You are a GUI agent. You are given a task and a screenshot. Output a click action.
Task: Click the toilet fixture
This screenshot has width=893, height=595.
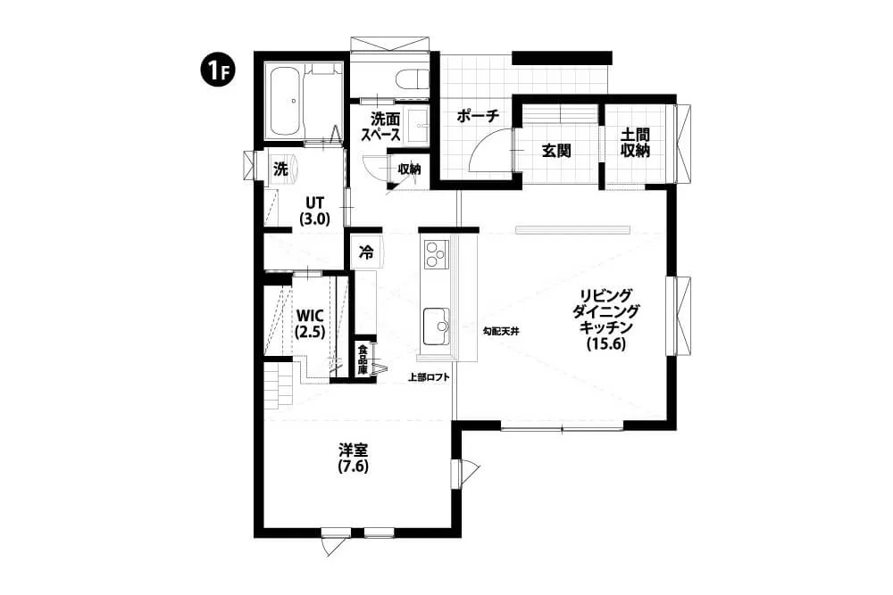click(413, 79)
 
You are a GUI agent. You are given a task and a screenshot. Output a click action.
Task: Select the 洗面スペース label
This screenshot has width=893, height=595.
click(386, 127)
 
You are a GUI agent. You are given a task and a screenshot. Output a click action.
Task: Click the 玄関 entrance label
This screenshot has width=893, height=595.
click(555, 151)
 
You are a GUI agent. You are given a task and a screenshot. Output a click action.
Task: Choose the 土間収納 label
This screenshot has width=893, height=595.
click(635, 142)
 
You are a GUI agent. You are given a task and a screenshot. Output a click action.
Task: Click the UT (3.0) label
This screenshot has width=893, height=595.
click(315, 211)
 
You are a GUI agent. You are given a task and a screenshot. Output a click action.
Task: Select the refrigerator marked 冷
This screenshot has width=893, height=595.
click(367, 252)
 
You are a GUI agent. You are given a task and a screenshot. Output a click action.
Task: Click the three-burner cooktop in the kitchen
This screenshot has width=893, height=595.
click(437, 253)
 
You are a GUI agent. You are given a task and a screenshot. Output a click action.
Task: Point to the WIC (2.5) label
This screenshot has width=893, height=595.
click(311, 324)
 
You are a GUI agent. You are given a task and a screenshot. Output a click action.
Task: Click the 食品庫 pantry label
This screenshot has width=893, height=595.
click(363, 359)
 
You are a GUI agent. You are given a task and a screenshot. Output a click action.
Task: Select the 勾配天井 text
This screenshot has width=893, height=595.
click(500, 330)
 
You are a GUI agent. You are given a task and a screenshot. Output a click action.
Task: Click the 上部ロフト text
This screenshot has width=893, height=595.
click(430, 376)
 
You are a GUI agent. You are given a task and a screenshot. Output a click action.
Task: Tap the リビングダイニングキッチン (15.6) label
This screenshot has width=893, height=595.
click(606, 319)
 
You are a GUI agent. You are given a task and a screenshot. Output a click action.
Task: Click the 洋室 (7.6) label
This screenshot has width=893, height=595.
click(353, 459)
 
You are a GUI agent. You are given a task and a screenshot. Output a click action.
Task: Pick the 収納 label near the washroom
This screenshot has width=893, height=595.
click(409, 169)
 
